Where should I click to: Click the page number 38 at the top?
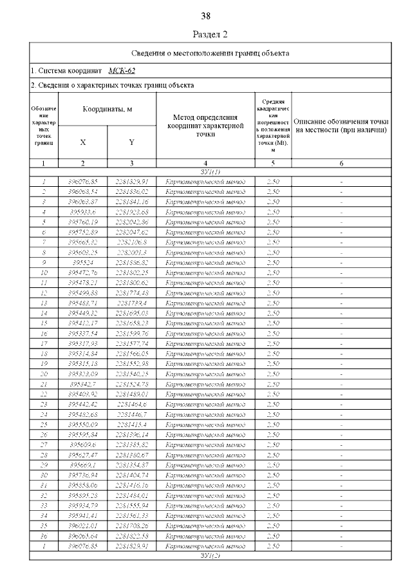206,15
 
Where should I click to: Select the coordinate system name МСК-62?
122,70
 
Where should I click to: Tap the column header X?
82,142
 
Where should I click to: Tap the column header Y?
131,142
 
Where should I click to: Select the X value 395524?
82,263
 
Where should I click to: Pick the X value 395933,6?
82,211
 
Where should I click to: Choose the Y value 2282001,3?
131,253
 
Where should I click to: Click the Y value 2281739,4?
131,303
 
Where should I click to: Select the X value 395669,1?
82,464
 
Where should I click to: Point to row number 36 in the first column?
43,535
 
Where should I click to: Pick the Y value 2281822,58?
131,535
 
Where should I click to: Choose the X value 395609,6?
82,444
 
